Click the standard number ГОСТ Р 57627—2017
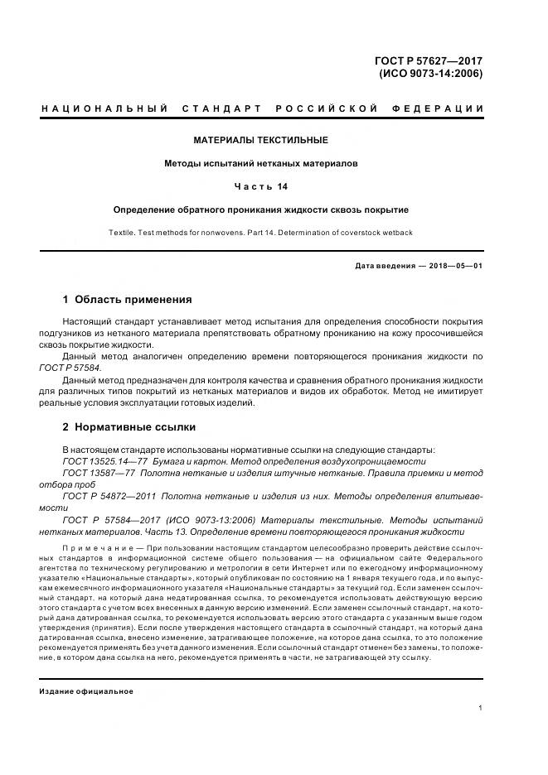click(x=429, y=60)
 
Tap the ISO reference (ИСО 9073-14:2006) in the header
click(x=430, y=73)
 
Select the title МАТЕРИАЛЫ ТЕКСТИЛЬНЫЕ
click(x=260, y=140)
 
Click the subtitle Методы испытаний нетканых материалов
click(x=260, y=163)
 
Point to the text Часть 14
click(x=260, y=186)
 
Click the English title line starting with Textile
click(x=260, y=233)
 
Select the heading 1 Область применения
click(x=127, y=299)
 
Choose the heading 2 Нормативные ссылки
click(x=129, y=427)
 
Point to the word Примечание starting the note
click(x=97, y=548)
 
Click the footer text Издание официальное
click(x=86, y=691)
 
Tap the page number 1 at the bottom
click(x=480, y=708)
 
